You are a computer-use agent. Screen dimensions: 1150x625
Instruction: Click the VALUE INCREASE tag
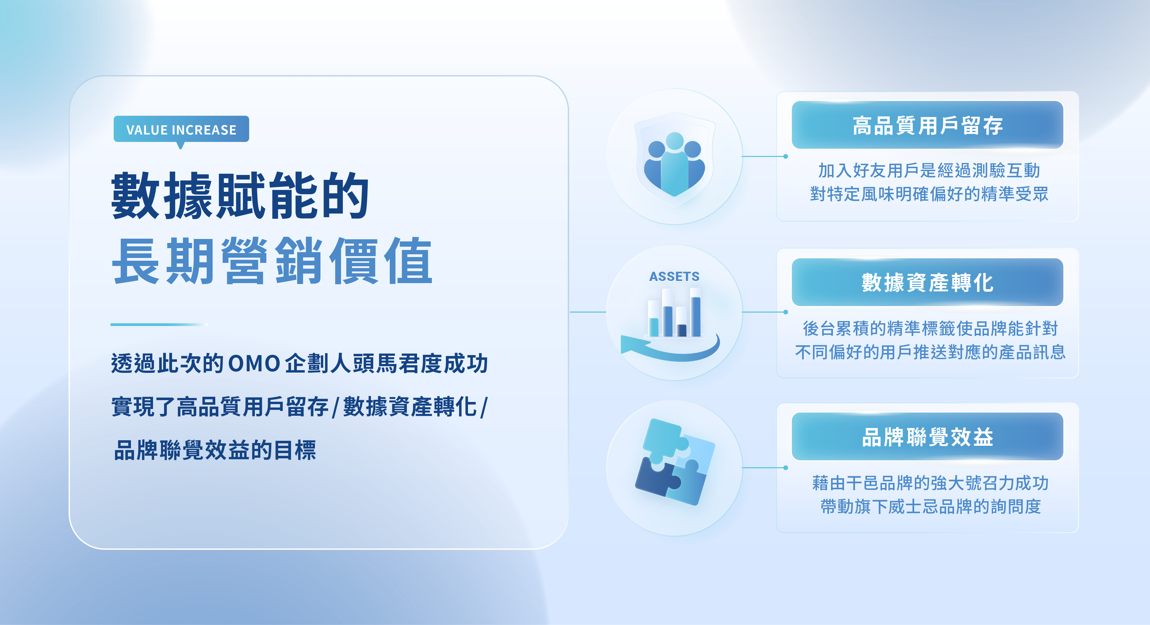click(181, 129)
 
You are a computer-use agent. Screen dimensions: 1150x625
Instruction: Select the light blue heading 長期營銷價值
click(272, 261)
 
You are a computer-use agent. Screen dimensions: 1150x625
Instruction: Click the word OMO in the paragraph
click(254, 364)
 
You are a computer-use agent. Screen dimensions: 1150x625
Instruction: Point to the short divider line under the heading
click(159, 324)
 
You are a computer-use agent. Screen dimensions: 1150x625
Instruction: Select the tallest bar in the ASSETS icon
click(696, 312)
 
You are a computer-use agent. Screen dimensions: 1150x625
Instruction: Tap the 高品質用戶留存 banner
click(927, 125)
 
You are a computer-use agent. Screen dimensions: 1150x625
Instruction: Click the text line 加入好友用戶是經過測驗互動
click(929, 170)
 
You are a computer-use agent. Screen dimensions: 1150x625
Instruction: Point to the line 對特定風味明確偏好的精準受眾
click(929, 194)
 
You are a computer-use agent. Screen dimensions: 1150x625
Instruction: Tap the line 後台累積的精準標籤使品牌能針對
click(930, 328)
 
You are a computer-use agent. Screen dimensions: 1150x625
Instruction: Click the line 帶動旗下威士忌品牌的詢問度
click(930, 507)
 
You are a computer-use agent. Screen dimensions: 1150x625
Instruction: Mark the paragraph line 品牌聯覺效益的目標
click(215, 450)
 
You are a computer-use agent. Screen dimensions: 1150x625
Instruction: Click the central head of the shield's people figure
click(675, 141)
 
